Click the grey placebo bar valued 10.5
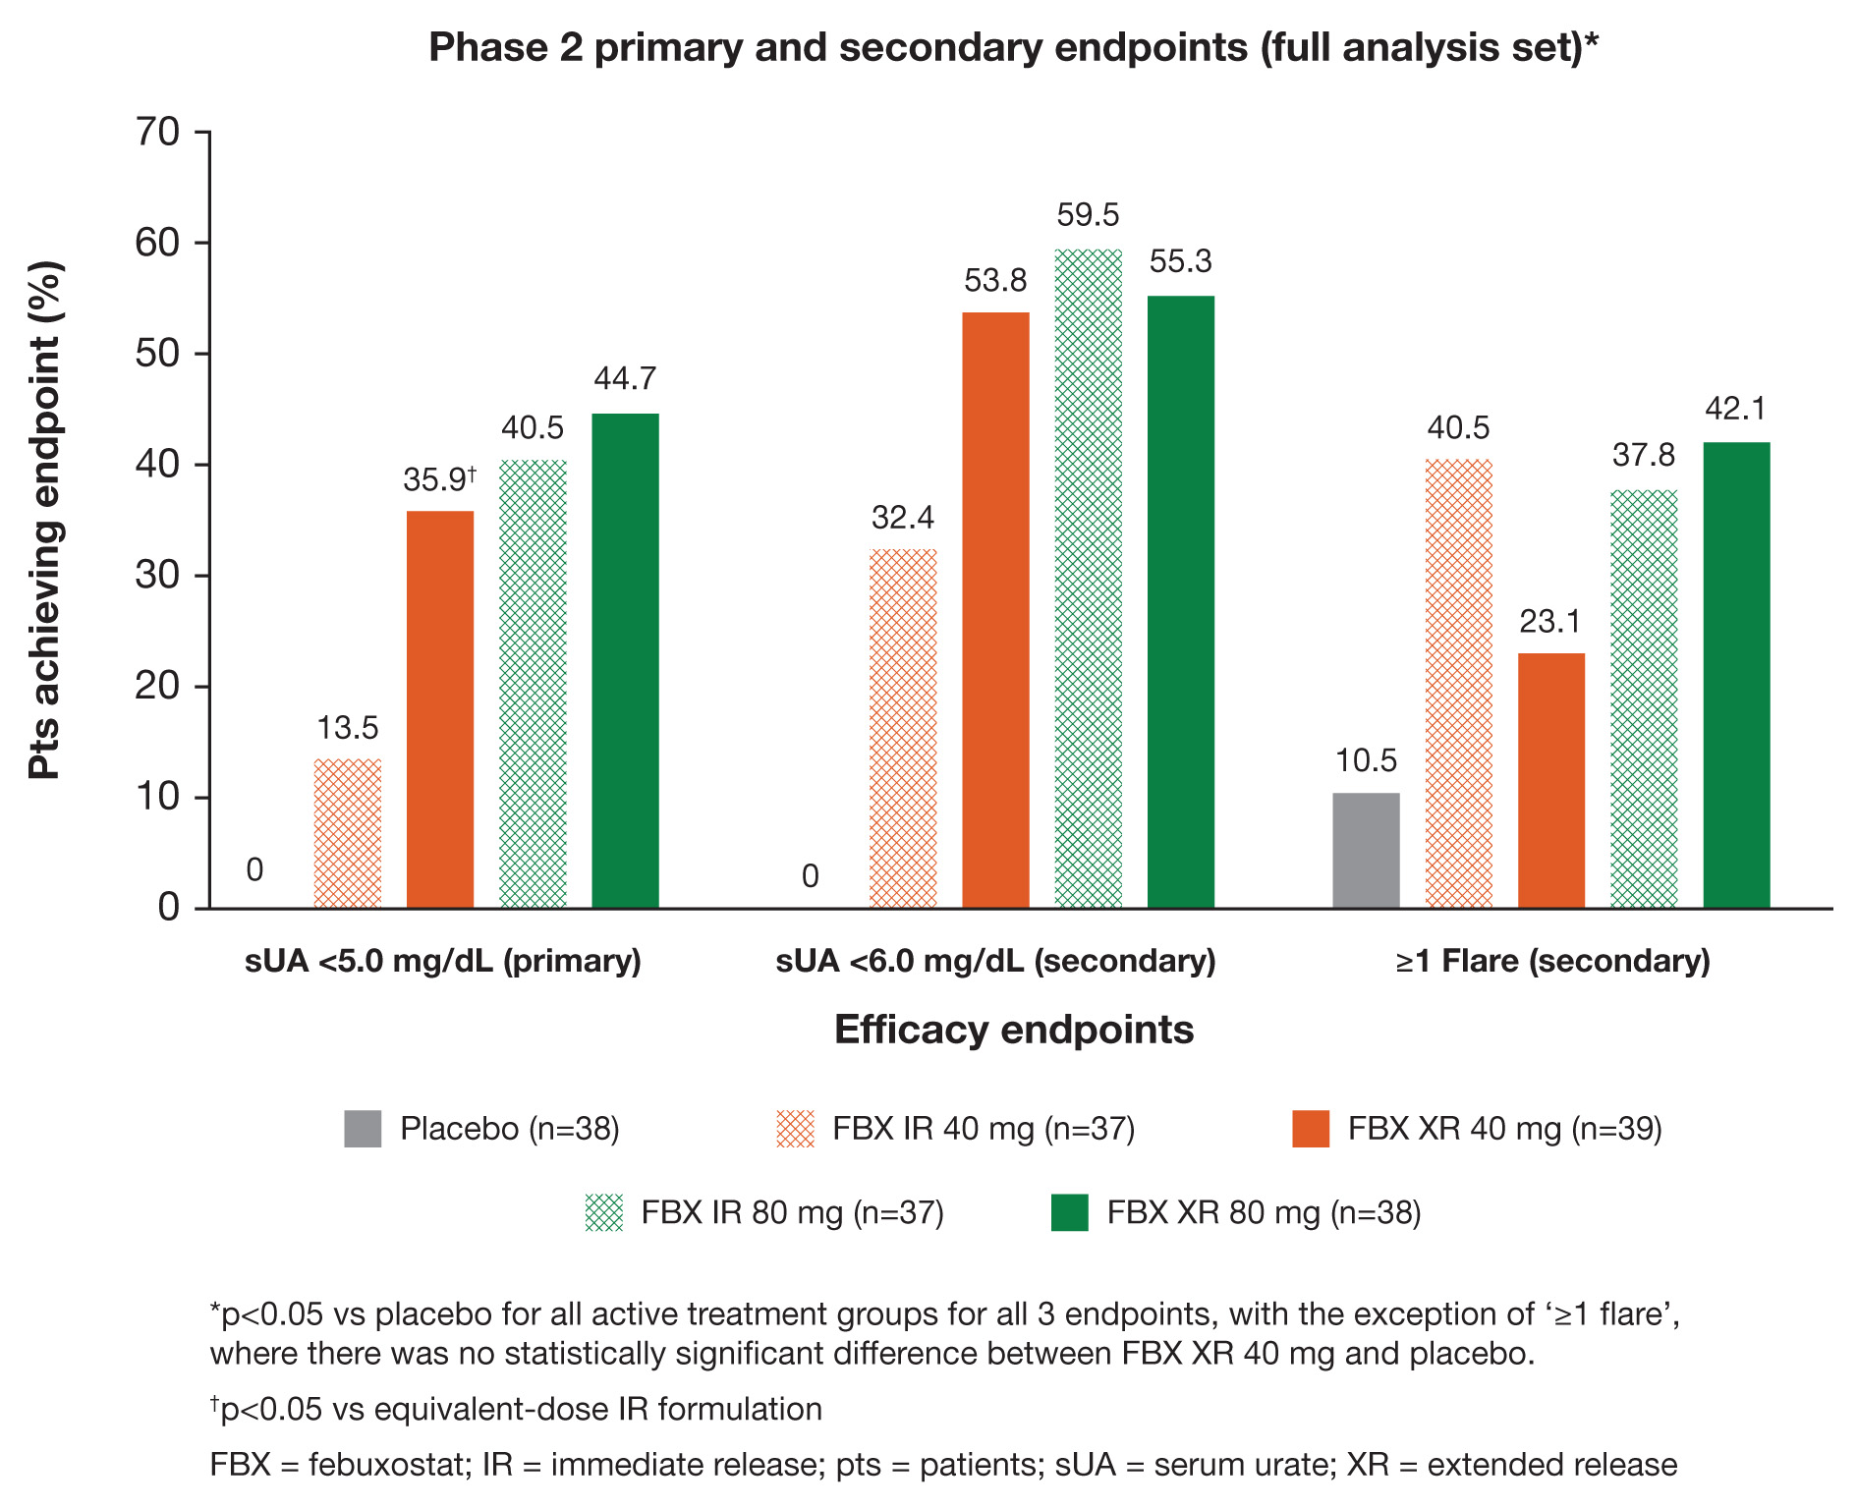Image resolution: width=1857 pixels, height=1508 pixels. pyautogui.click(x=1366, y=850)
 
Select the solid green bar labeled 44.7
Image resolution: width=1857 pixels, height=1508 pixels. pyautogui.click(x=625, y=660)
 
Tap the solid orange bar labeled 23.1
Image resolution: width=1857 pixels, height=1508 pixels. pyautogui.click(x=1551, y=780)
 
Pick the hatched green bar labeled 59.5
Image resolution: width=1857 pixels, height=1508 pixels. pyautogui.click(x=1089, y=579)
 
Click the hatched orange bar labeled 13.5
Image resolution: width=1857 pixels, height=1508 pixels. pyautogui.click(x=348, y=833)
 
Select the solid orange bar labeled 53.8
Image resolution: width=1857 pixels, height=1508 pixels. pyautogui.click(x=995, y=610)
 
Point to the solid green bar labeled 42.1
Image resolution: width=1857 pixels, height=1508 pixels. pyautogui.click(x=1736, y=675)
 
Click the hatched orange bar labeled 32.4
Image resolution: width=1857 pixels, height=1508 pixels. pyautogui.click(x=903, y=728)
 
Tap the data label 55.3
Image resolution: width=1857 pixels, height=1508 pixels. pyautogui.click(x=1181, y=261)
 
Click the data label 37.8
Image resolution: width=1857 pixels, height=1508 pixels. pyautogui.click(x=1644, y=455)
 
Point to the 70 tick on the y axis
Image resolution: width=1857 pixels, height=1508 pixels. pyautogui.click(x=157, y=132)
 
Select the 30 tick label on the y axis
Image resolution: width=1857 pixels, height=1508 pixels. pyautogui.click(x=157, y=575)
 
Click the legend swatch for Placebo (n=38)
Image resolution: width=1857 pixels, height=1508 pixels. pyautogui.click(x=363, y=1129)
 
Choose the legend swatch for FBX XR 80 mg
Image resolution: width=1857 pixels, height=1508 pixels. pyautogui.click(x=1070, y=1212)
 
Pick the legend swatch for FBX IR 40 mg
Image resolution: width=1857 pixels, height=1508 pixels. pyautogui.click(x=795, y=1129)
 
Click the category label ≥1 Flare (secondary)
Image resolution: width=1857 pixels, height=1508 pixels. pyautogui.click(x=1552, y=960)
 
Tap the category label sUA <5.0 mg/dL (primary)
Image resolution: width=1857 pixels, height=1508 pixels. pyautogui.click(x=443, y=960)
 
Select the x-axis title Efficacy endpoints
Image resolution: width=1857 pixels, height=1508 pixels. pyautogui.click(x=1014, y=1030)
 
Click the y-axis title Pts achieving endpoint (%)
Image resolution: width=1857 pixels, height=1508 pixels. pyautogui.click(x=45, y=521)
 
